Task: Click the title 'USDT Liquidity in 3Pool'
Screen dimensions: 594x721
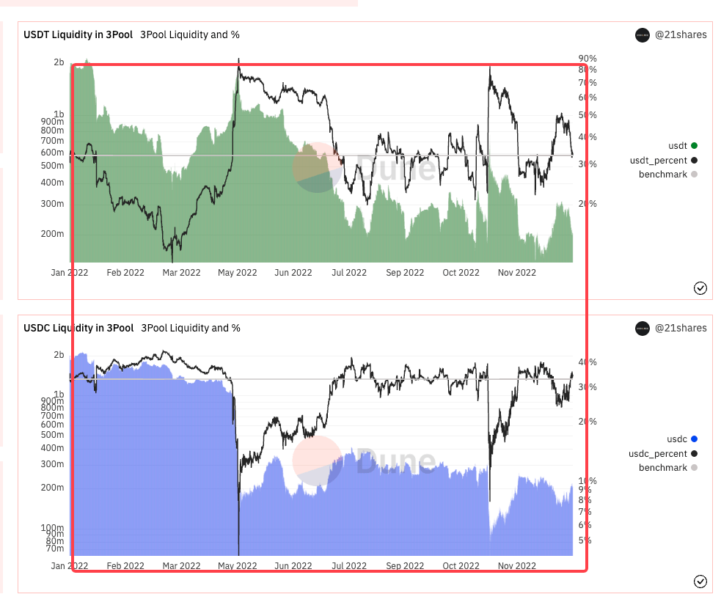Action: pyautogui.click(x=78, y=34)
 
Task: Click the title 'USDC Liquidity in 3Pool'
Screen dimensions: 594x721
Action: pyautogui.click(x=78, y=328)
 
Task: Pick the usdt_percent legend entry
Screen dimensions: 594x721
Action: pyautogui.click(x=658, y=160)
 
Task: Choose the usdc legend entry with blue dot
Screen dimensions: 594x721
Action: pyautogui.click(x=676, y=439)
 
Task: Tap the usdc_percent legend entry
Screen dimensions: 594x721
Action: pyautogui.click(x=658, y=453)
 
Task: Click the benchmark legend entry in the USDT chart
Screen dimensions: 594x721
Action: pyautogui.click(x=663, y=175)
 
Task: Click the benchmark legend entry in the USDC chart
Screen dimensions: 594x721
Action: pyautogui.click(x=663, y=468)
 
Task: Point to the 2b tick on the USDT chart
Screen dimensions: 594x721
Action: pyautogui.click(x=59, y=63)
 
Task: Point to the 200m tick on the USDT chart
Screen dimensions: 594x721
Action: pyautogui.click(x=52, y=234)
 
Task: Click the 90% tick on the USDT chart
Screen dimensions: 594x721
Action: pyautogui.click(x=588, y=59)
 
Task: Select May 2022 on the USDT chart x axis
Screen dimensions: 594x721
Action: pyautogui.click(x=238, y=273)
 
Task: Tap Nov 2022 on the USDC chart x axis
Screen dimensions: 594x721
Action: pyautogui.click(x=517, y=566)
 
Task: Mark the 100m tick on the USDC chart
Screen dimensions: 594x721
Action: pyautogui.click(x=52, y=528)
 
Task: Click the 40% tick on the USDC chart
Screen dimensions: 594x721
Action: pyautogui.click(x=588, y=362)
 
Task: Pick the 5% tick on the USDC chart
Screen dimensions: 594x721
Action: pyautogui.click(x=585, y=540)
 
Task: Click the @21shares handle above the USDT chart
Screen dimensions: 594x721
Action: pyautogui.click(x=681, y=34)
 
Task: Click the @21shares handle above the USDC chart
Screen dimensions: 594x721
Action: pyautogui.click(x=681, y=328)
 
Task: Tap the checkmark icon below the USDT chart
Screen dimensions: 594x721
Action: pyautogui.click(x=700, y=288)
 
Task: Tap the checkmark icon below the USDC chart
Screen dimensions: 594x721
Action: pyautogui.click(x=700, y=582)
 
